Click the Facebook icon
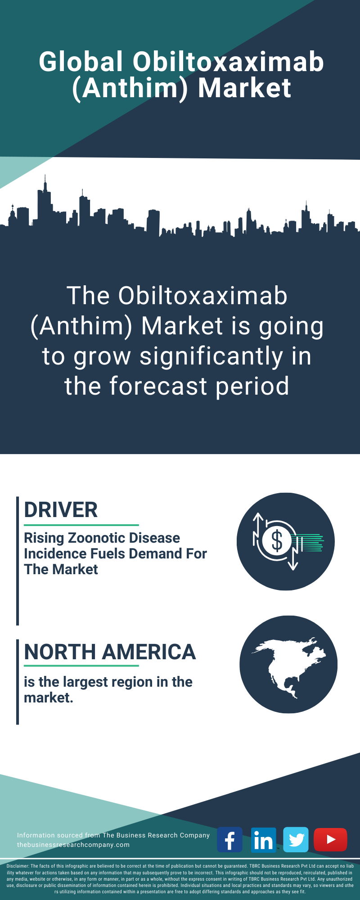pyautogui.click(x=229, y=840)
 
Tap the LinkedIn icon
pyautogui.click(x=263, y=840)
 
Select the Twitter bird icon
pyautogui.click(x=296, y=840)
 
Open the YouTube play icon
pyautogui.click(x=330, y=840)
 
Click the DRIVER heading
pyautogui.click(x=61, y=510)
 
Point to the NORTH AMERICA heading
pyautogui.click(x=110, y=652)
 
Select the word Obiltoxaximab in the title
pyautogui.click(x=228, y=62)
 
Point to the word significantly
pyautogui.click(x=211, y=356)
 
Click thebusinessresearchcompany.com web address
pyautogui.click(x=73, y=845)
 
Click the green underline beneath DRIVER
pyautogui.click(x=81, y=525)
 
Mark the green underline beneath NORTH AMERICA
pyautogui.click(x=81, y=666)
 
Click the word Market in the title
pyautogui.click(x=245, y=88)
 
